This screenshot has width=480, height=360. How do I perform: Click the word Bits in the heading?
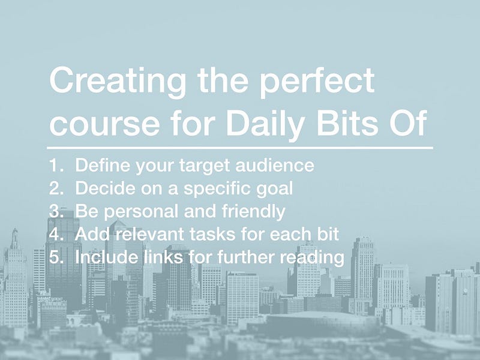347,123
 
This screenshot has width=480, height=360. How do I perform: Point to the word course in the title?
104,125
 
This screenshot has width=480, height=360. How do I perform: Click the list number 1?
56,166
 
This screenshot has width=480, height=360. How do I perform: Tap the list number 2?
56,188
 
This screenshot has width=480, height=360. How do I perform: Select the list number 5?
56,257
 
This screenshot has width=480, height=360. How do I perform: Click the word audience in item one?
275,166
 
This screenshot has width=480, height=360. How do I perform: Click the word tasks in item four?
212,234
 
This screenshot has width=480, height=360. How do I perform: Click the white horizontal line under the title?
240,148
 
